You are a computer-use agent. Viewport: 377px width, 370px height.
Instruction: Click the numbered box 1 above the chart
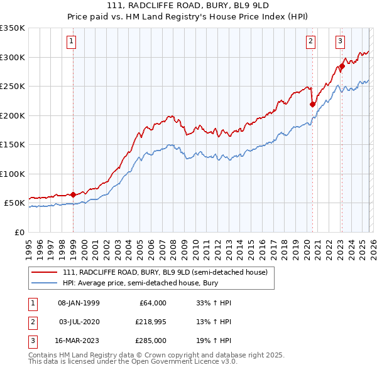(72, 42)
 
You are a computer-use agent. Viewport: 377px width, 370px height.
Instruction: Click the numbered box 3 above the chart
(340, 42)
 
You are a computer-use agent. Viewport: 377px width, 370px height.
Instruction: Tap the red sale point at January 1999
(74, 194)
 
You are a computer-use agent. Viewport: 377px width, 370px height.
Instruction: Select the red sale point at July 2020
(312, 105)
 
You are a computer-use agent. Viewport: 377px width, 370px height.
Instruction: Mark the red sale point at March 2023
(342, 66)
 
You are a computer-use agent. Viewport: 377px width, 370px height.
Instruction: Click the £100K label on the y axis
(13, 174)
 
